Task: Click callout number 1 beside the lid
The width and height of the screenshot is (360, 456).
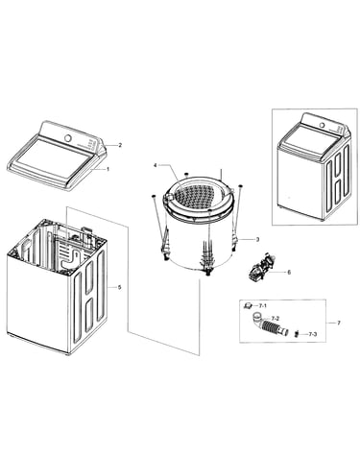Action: click(108, 169)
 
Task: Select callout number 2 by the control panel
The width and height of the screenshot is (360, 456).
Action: click(120, 145)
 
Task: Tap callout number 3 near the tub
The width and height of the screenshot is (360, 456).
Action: click(257, 239)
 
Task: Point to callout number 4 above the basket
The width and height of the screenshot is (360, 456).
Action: click(156, 165)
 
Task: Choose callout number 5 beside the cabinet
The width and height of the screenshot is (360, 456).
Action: click(119, 287)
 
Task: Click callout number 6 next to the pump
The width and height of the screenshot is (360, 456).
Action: click(289, 273)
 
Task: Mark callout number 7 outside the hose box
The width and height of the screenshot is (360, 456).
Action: click(339, 323)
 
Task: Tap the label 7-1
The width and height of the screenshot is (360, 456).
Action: click(263, 306)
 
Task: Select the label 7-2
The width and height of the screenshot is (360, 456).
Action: click(276, 319)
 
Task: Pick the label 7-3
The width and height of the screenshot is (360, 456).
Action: click(313, 334)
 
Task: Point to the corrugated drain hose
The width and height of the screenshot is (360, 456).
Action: click(270, 325)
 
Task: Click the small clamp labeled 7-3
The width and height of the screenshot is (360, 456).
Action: click(297, 334)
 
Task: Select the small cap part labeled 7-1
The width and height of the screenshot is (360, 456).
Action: click(249, 306)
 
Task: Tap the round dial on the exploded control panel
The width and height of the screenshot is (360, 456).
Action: click(68, 137)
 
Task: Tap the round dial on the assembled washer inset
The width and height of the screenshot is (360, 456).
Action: click(323, 125)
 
